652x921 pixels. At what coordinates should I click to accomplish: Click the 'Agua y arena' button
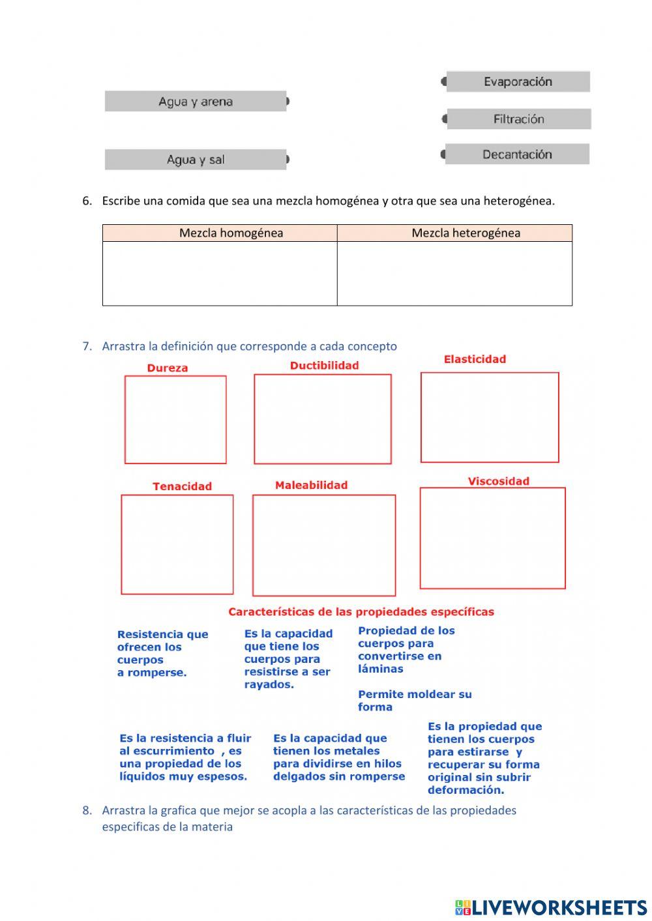point(196,102)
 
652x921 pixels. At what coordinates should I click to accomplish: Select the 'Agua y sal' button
point(196,160)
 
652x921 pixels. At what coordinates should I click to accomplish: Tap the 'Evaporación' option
point(518,81)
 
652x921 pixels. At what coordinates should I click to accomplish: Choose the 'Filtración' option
point(518,119)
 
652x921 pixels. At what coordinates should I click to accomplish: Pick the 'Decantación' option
point(517,154)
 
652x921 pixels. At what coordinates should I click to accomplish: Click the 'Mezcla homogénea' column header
point(231,233)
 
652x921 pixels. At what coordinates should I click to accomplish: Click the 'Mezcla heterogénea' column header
point(466,233)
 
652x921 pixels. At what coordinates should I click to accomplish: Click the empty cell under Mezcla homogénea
point(220,274)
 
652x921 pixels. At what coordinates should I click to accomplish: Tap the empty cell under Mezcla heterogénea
point(454,274)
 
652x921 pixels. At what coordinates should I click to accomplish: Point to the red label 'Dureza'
point(168,368)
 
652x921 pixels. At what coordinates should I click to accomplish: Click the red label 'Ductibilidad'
point(324,366)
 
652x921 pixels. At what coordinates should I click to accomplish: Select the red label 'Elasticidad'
point(475,359)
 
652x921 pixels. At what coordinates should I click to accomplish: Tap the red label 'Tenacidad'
point(182,486)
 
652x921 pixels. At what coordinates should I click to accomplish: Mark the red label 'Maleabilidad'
point(311,485)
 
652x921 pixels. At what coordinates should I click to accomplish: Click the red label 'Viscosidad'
point(498,481)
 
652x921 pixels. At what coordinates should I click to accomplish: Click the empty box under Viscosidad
point(492,538)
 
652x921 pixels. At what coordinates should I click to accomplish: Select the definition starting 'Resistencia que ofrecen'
point(162,653)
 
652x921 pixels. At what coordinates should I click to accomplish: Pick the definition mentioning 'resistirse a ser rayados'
point(288,659)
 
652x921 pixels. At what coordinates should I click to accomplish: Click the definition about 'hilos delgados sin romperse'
point(338,757)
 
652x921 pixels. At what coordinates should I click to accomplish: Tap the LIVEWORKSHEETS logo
point(550,907)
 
